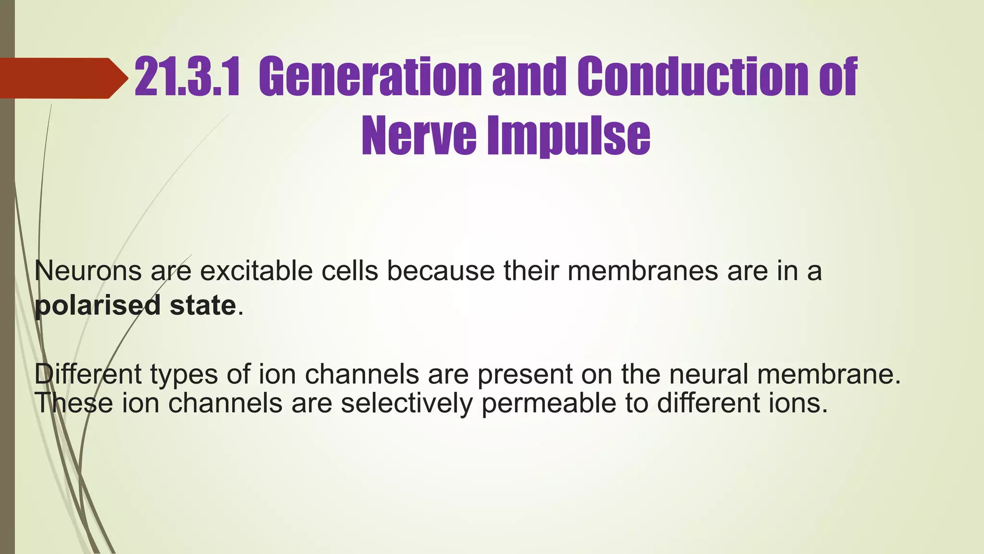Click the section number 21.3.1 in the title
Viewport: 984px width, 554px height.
pyautogui.click(x=186, y=77)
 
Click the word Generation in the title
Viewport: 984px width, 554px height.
pyautogui.click(x=372, y=77)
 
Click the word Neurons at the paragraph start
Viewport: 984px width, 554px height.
pyautogui.click(x=88, y=271)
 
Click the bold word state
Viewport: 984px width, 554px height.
pyautogui.click(x=202, y=305)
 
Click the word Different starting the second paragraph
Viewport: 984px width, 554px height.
pyautogui.click(x=88, y=374)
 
